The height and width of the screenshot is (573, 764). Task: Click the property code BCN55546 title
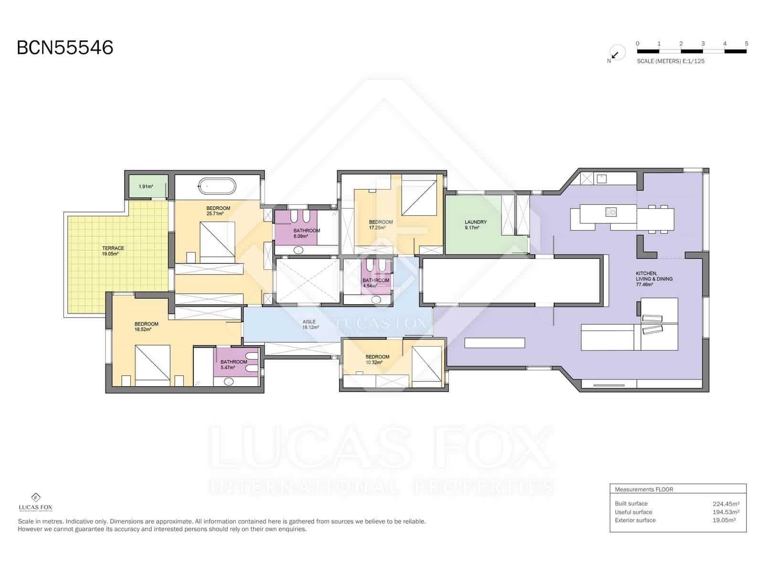(x=65, y=48)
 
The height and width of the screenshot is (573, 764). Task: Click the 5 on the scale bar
(x=746, y=43)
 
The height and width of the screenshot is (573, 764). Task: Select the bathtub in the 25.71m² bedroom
(x=217, y=186)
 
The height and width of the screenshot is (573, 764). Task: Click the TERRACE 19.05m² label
(x=113, y=251)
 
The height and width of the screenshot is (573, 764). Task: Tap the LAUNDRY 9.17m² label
(x=475, y=225)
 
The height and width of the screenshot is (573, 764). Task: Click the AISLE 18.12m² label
(x=309, y=325)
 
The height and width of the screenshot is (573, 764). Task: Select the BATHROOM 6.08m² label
(x=307, y=233)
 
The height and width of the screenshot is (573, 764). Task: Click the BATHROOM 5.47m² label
(x=233, y=365)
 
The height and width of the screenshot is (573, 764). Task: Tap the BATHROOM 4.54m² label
(x=375, y=283)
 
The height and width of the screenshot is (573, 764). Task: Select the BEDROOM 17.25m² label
(x=381, y=225)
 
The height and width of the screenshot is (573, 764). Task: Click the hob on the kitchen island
(x=611, y=212)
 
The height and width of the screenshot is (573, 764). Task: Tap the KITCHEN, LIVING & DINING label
(x=654, y=279)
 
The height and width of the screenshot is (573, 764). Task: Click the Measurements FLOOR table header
(x=644, y=489)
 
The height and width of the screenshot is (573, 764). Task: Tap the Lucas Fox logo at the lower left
(x=35, y=502)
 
